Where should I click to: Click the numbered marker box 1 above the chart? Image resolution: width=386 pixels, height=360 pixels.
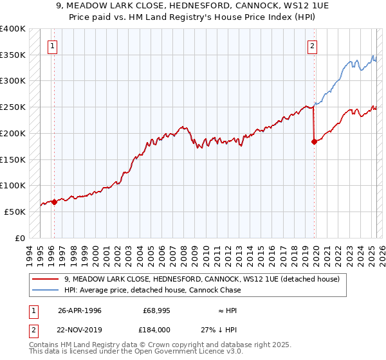(x=51, y=46)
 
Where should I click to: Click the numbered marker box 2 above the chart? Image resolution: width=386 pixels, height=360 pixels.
(x=312, y=46)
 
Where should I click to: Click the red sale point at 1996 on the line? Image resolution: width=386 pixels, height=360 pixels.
(x=55, y=202)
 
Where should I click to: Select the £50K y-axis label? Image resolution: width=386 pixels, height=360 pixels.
(x=15, y=212)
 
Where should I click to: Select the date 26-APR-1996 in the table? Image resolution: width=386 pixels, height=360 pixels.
(x=79, y=310)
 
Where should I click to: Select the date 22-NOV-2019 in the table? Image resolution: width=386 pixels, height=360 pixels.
(x=80, y=329)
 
